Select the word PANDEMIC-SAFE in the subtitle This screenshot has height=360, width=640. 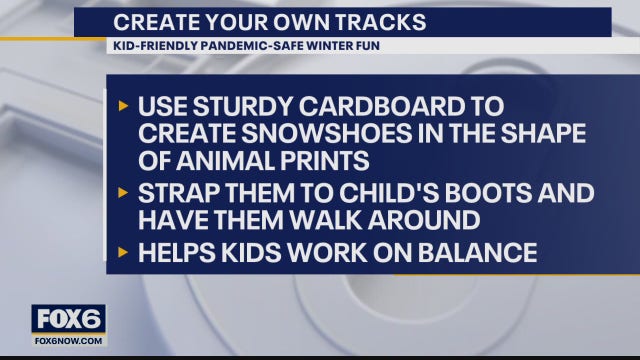pos(236,46)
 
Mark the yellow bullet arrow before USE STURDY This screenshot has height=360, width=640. pos(123,106)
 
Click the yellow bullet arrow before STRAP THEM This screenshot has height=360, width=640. pos(123,192)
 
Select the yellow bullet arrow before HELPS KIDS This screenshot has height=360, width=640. pos(123,253)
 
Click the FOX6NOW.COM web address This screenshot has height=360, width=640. pos(68,340)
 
